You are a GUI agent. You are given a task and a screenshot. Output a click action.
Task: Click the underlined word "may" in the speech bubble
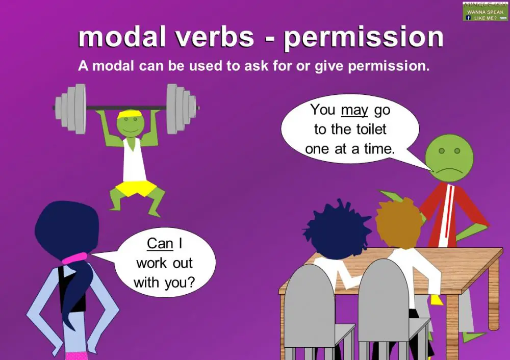tap(354, 110)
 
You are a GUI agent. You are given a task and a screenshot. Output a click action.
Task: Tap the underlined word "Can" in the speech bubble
tap(160, 244)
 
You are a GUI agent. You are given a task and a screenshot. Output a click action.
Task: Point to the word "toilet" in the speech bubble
tap(366, 130)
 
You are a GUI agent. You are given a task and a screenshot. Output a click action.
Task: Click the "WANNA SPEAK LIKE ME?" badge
tap(485, 11)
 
